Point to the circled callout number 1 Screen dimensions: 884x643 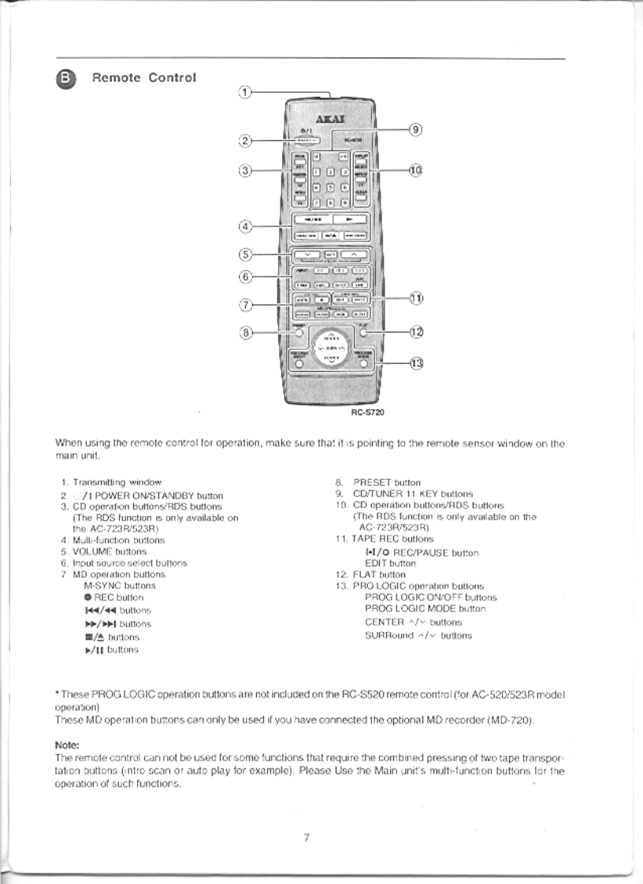point(245,91)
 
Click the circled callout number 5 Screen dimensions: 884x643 point(245,254)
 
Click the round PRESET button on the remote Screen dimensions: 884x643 point(299,332)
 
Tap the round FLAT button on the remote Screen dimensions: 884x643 point(363,332)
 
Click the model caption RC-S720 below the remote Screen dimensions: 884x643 point(367,410)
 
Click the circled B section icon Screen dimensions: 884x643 point(65,78)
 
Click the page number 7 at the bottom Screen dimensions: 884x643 point(306,837)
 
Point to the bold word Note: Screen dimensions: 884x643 point(66,744)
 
